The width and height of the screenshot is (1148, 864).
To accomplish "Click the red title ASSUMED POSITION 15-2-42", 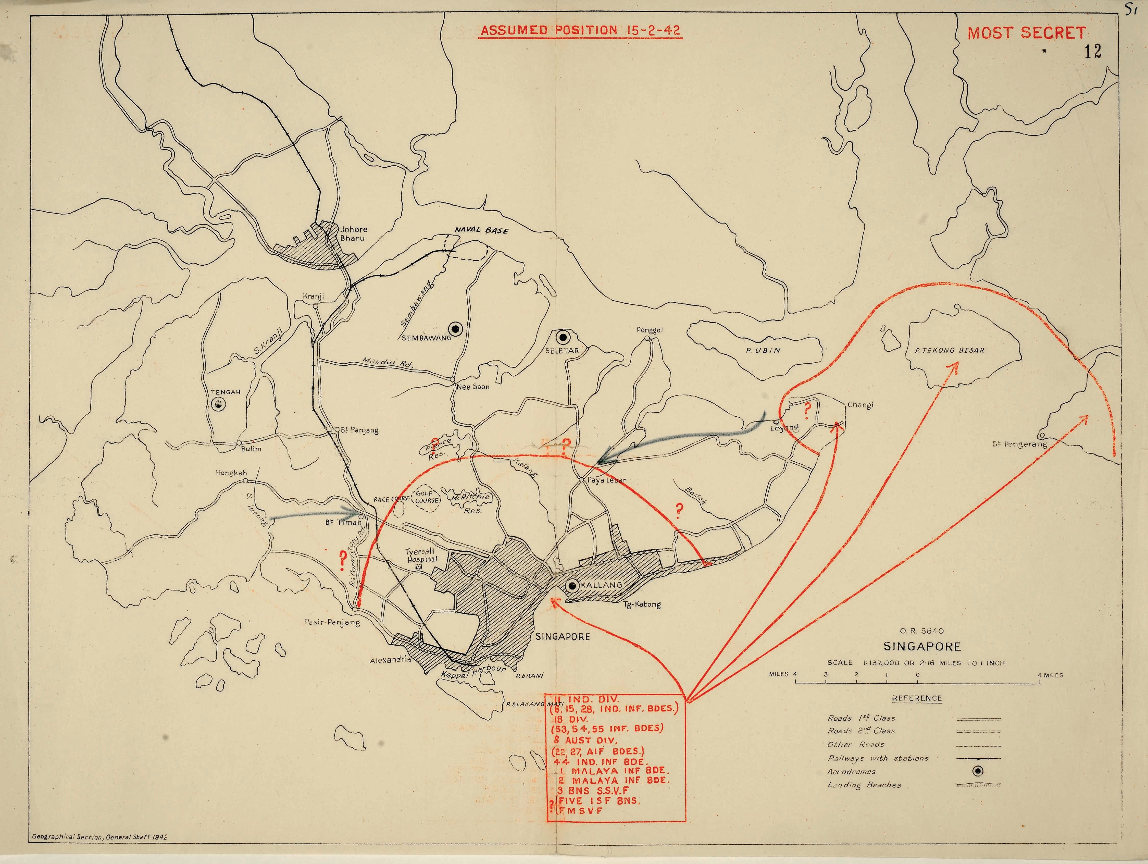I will pyautogui.click(x=580, y=30).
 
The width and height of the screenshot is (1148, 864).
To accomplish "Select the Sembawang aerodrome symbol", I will pyautogui.click(x=456, y=328).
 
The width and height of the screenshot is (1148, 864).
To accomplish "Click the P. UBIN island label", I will pyautogui.click(x=763, y=351).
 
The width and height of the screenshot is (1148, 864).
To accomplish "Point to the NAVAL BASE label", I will pyautogui.click(x=482, y=230).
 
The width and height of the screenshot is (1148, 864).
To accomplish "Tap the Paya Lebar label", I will pyautogui.click(x=606, y=480).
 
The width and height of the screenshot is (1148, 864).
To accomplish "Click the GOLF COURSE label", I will pyautogui.click(x=427, y=497).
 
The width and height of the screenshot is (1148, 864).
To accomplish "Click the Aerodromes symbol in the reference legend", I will pyautogui.click(x=978, y=771).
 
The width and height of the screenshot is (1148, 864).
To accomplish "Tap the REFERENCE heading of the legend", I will pyautogui.click(x=917, y=698).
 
